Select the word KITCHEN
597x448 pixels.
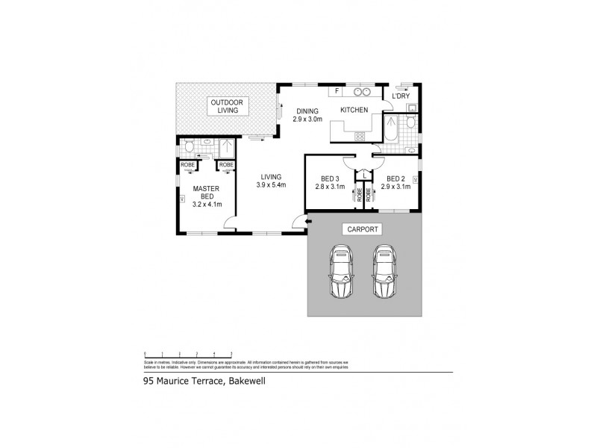coord(354,111)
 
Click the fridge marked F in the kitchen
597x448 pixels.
coord(337,92)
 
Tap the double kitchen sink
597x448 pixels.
coord(363,93)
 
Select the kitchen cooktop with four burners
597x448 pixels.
coord(360,136)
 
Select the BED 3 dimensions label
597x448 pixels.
coord(331,184)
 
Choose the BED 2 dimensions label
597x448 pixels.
coord(396,184)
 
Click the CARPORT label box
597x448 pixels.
coord(362,229)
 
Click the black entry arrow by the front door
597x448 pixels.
coord(298,220)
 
